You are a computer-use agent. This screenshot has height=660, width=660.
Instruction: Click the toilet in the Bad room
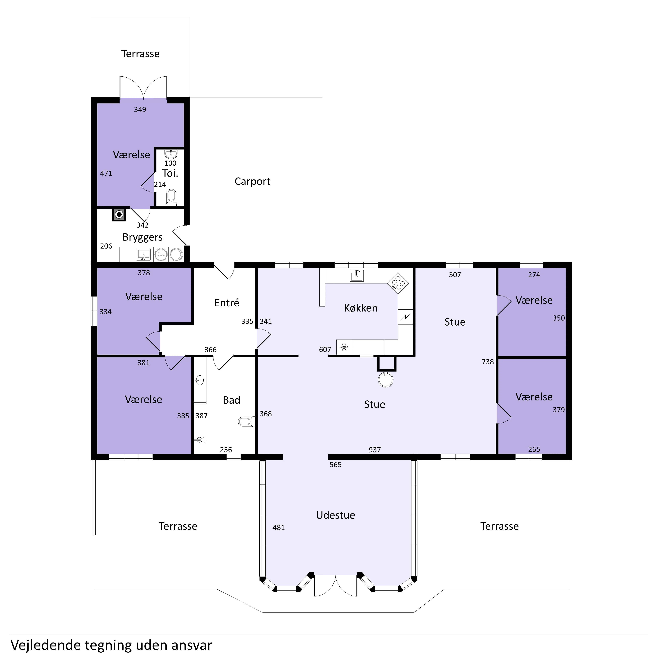pos(247,422)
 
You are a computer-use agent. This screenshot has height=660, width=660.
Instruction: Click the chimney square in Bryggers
pos(119,214)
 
